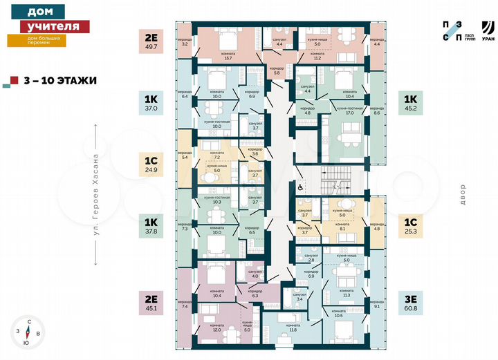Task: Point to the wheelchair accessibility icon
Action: [299, 186]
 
